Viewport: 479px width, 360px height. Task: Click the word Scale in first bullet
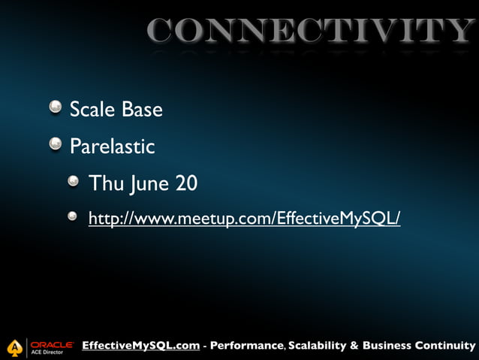(93, 110)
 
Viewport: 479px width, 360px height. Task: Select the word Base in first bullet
(143, 110)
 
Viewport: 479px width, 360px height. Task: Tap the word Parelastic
(112, 146)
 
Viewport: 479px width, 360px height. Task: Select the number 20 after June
(186, 183)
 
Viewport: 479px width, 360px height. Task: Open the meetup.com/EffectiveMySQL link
(245, 218)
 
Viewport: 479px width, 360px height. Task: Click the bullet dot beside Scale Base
(56, 108)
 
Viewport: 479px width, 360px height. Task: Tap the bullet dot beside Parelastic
(56, 144)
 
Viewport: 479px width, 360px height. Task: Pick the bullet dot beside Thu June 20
(73, 181)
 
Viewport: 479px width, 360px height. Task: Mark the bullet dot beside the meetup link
(73, 216)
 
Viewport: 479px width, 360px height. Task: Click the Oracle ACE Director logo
(51, 346)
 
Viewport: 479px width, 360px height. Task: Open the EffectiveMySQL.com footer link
(140, 346)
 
